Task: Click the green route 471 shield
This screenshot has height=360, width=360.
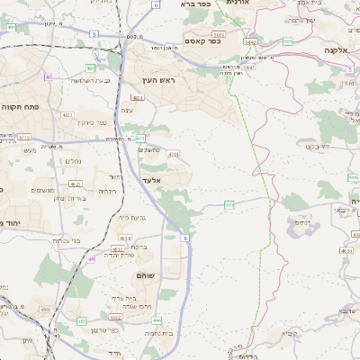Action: tap(140, 139)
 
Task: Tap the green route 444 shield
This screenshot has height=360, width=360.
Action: tap(157, 319)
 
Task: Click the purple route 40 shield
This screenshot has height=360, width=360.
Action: tap(49, 77)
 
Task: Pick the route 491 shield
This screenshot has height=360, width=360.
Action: tap(11, 27)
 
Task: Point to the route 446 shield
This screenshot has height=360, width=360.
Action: tap(351, 178)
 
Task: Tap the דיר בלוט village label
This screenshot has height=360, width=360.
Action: tap(312, 147)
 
